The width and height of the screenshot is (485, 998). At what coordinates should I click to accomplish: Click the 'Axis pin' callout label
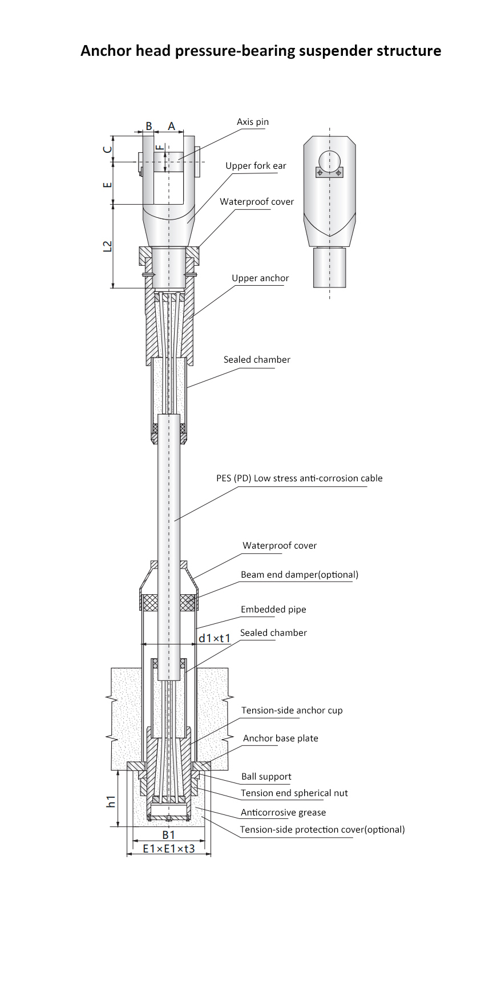click(x=252, y=122)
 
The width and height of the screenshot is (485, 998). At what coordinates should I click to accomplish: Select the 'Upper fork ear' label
click(x=256, y=166)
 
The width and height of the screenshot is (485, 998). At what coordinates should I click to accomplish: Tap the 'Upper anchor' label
click(x=260, y=278)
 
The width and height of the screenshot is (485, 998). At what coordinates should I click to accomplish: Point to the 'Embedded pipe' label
click(x=273, y=610)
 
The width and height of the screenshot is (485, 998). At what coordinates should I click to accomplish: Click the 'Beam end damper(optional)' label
click(x=300, y=575)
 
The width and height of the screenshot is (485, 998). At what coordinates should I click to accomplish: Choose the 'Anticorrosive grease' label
click(x=283, y=813)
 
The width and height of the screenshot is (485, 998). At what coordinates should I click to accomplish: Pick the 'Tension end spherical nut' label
click(x=294, y=793)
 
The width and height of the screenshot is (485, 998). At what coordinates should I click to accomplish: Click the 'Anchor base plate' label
click(x=281, y=739)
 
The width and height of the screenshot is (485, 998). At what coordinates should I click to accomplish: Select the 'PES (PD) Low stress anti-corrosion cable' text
click(x=299, y=478)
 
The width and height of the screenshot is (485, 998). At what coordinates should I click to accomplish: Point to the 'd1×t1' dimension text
click(x=215, y=638)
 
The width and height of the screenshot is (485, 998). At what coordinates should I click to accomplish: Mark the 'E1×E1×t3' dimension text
click(x=168, y=849)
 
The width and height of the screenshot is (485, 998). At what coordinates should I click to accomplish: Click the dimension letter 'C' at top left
click(x=107, y=149)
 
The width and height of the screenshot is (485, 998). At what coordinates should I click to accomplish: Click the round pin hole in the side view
click(x=329, y=161)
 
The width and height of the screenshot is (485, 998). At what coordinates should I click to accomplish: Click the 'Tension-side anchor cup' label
click(x=292, y=711)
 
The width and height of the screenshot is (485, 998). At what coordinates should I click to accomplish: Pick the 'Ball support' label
click(x=266, y=777)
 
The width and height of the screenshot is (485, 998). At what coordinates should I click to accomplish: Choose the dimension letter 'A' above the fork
click(x=171, y=127)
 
